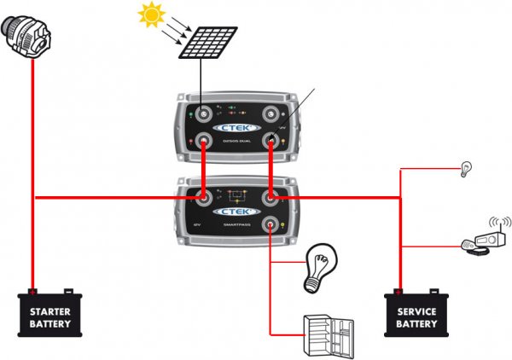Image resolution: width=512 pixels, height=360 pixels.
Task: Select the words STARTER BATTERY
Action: coord(49,317)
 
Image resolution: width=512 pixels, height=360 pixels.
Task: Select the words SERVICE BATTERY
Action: coord(416,317)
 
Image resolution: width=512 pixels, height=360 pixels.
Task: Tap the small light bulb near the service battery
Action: coord(466,167)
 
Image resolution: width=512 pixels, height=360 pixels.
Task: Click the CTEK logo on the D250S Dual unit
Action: coord(238,128)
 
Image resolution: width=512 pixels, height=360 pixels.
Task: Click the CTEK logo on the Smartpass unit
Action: coord(238,212)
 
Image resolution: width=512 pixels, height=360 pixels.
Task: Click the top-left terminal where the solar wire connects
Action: coord(205,113)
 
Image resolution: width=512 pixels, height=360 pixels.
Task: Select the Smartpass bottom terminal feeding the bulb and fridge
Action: coord(271,226)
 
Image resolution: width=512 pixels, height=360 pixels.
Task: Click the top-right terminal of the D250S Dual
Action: coord(271,113)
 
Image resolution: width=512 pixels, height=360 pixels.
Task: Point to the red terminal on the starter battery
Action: coord(32,292)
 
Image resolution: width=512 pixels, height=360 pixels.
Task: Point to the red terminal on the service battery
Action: coord(399,292)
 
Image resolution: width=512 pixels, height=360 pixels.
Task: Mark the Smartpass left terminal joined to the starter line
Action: coord(205,198)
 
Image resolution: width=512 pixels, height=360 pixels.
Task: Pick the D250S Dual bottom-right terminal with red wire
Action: coord(271,142)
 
